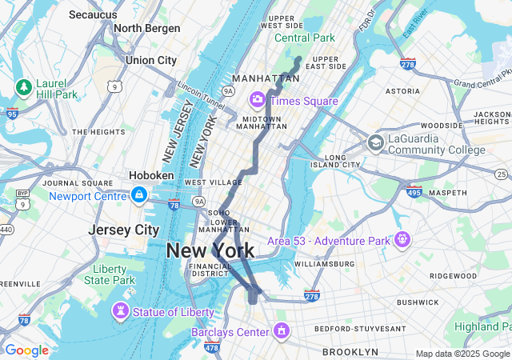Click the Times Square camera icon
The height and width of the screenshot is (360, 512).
click(x=258, y=100)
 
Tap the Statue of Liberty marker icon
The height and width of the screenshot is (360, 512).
click(x=121, y=310)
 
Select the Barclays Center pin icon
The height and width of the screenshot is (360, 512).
click(x=281, y=330)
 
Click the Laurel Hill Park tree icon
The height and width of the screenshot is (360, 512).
click(x=23, y=86)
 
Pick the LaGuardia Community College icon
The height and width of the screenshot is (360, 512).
click(x=375, y=143)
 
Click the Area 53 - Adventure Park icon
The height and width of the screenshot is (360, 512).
click(x=401, y=239)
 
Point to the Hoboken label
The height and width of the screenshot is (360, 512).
click(x=150, y=175)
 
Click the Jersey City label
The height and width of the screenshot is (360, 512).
click(x=123, y=230)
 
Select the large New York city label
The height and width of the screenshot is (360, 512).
click(x=210, y=250)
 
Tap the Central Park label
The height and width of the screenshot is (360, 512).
click(x=304, y=38)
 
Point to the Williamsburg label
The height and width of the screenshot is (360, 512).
click(x=323, y=263)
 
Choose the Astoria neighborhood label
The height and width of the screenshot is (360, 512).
click(x=402, y=91)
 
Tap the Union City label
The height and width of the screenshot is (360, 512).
click(x=150, y=60)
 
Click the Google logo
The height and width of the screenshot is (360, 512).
click(x=26, y=350)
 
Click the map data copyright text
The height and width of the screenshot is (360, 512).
click(x=462, y=354)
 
